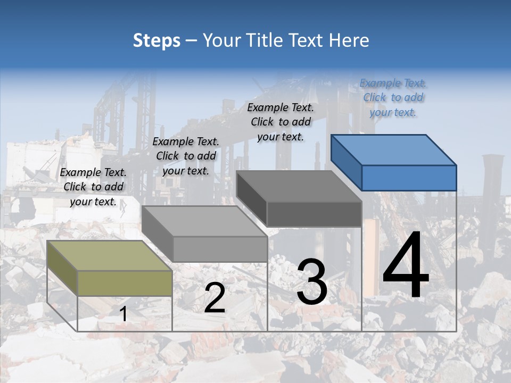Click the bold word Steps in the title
pyautogui.click(x=156, y=40)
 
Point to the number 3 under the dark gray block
pyautogui.click(x=311, y=282)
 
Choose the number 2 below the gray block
pyautogui.click(x=215, y=298)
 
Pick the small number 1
pyautogui.click(x=123, y=314)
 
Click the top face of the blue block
pyautogui.click(x=394, y=149)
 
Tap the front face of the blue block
pyautogui.click(x=409, y=178)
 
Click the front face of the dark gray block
pyautogui.click(x=314, y=214)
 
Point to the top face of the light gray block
pyautogui.click(x=204, y=221)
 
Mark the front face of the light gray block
pyautogui.click(x=220, y=249)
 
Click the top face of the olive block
pyautogui.click(x=110, y=256)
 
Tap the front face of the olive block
pyautogui.click(x=125, y=283)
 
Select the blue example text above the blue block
pyautogui.click(x=393, y=98)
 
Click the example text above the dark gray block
pyautogui.click(x=281, y=122)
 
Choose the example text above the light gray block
pyautogui.click(x=186, y=156)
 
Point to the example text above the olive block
pyautogui.click(x=93, y=187)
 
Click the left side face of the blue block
pyautogui.click(x=346, y=162)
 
